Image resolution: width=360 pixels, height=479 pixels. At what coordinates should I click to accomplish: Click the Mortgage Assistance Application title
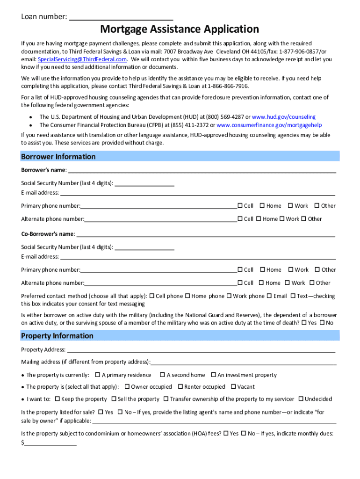(x=180, y=29)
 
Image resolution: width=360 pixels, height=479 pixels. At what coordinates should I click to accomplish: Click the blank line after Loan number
(x=121, y=18)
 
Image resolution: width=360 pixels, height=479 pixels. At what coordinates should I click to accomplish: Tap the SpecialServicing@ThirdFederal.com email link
(x=82, y=59)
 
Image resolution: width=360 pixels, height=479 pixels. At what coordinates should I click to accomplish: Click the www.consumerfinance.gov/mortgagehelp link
(x=269, y=125)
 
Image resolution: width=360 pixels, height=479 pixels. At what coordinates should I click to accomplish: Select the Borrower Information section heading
(x=58, y=157)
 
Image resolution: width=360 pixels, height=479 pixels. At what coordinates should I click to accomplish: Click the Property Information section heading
(x=58, y=336)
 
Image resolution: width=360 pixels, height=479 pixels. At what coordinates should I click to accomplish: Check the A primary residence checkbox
(x=98, y=375)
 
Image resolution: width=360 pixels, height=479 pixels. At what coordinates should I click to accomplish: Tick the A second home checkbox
(x=162, y=375)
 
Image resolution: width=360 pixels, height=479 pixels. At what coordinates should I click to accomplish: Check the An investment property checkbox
(x=214, y=375)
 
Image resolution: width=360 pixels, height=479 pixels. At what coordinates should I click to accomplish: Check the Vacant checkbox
(x=233, y=387)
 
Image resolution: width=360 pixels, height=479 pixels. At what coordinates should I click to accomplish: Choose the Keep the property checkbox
(x=57, y=399)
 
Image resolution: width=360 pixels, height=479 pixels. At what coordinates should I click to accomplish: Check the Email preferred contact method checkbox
(x=269, y=296)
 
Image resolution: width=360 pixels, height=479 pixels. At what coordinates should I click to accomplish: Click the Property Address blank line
(x=201, y=350)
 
